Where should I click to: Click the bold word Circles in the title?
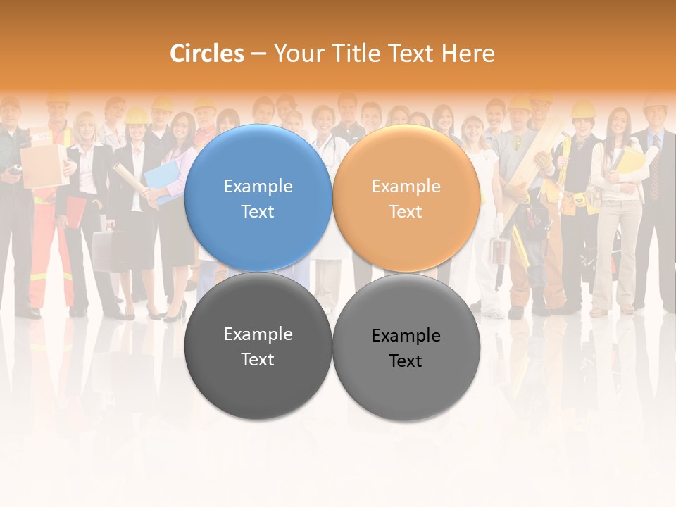point(207,54)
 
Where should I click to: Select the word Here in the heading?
point(468,54)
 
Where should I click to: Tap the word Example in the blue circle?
point(258,187)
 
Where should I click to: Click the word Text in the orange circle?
point(406,212)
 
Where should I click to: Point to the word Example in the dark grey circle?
point(258,334)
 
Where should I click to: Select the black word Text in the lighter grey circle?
point(406,361)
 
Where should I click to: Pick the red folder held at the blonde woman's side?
point(75,211)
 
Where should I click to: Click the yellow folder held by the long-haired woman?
point(633,161)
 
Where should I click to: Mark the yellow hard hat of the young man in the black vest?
point(583,109)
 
